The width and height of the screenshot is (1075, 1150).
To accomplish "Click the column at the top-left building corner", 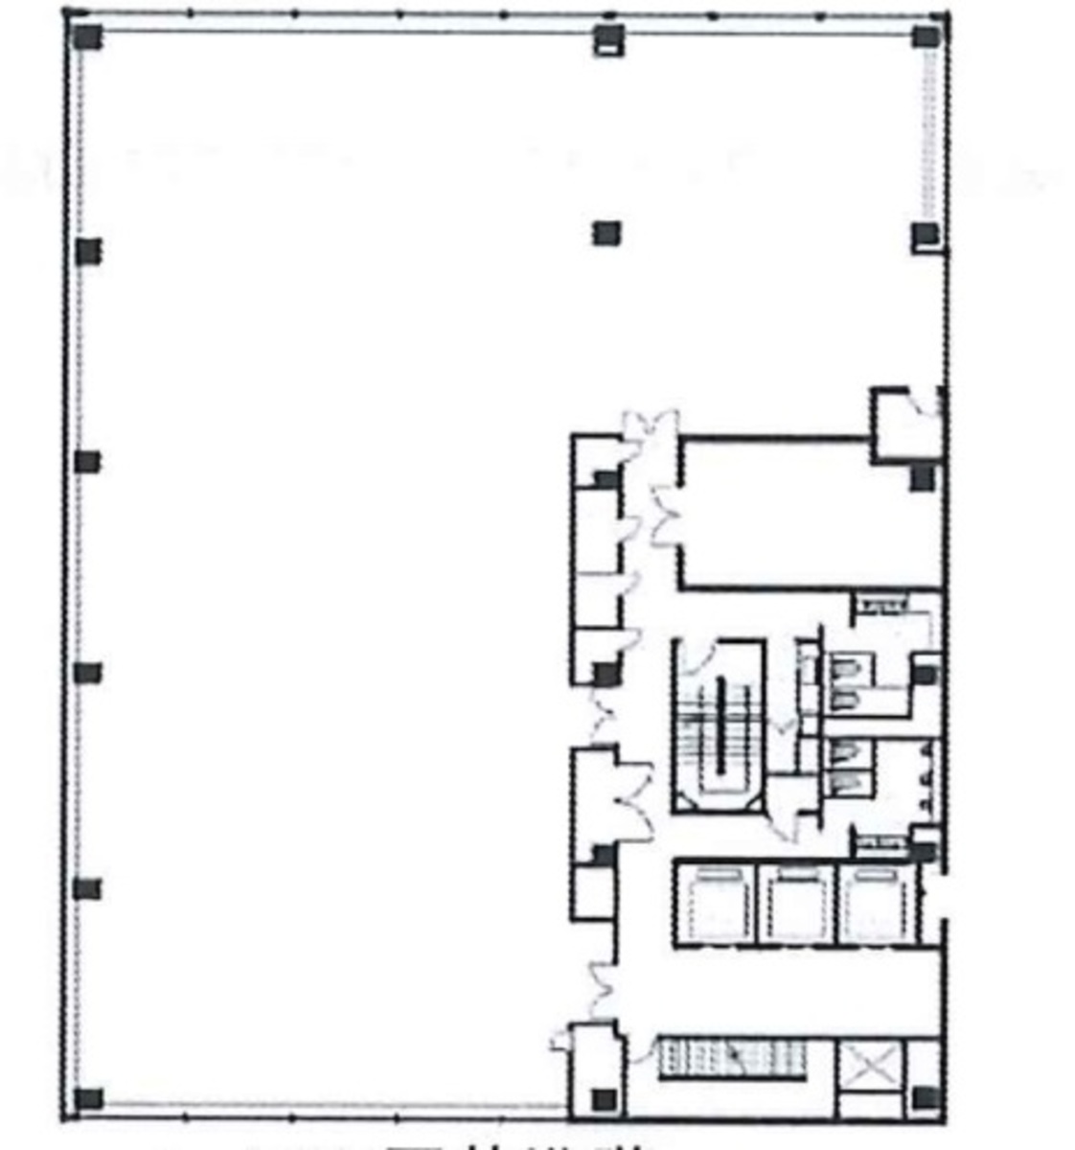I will tap(88, 37).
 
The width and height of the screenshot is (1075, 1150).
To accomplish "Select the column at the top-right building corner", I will tap(926, 37).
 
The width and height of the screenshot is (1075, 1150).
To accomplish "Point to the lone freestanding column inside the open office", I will tap(606, 233).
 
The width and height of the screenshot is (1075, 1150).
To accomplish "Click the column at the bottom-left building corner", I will tap(88, 1098).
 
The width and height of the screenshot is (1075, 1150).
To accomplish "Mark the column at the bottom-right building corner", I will tap(924, 1098).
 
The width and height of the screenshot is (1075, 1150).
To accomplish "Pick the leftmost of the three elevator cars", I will tap(714, 904).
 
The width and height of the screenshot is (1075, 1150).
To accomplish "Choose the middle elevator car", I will tap(796, 904).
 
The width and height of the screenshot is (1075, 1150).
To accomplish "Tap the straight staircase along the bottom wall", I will tap(733, 1058).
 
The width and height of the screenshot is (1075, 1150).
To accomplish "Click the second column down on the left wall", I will tap(88, 251).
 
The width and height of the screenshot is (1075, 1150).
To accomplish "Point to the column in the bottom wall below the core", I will tap(604, 1099).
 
